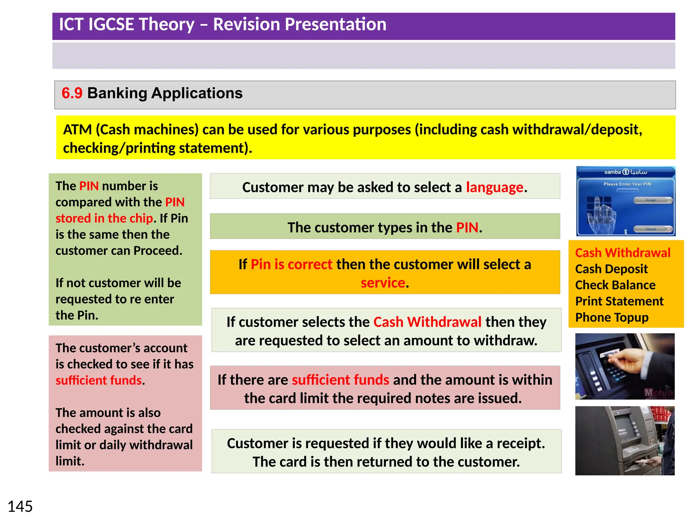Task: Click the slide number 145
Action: (x=20, y=507)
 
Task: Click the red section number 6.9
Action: (x=72, y=93)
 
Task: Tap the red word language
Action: (x=494, y=187)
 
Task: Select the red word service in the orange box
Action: (x=383, y=283)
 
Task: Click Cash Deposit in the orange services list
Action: (x=611, y=269)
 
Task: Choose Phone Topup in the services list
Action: (x=611, y=318)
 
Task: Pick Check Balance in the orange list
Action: (x=615, y=285)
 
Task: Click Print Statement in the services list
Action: (x=619, y=301)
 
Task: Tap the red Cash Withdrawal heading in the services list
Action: (x=622, y=253)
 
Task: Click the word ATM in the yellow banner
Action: (x=77, y=130)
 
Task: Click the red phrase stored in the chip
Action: (x=104, y=218)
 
